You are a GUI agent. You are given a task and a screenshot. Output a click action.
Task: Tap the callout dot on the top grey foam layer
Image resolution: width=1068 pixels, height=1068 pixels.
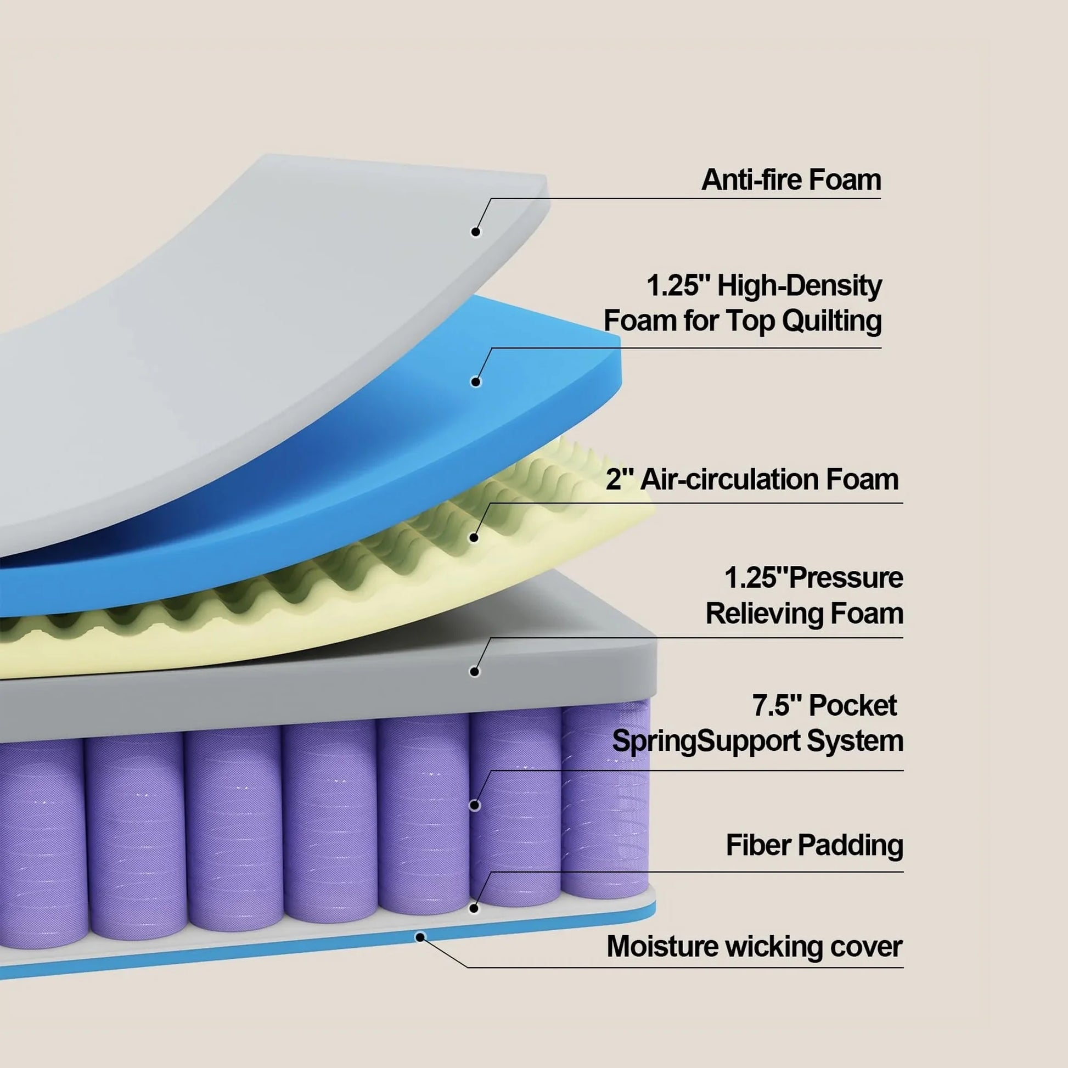(x=475, y=232)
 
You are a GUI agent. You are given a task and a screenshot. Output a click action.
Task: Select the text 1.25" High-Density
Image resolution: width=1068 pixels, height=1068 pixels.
(x=764, y=286)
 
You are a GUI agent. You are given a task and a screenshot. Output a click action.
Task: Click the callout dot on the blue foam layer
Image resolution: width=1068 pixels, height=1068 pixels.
(x=475, y=381)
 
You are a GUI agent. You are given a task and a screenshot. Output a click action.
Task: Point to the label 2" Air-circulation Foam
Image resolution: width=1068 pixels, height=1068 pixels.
(x=752, y=479)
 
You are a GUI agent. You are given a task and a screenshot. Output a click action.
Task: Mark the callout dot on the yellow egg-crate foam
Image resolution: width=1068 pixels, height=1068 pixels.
(x=474, y=537)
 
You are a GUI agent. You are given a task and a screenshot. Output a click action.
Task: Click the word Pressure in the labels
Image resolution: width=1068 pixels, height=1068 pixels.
(x=846, y=578)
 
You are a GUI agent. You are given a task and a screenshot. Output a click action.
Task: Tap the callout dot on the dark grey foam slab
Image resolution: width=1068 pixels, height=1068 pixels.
(x=474, y=672)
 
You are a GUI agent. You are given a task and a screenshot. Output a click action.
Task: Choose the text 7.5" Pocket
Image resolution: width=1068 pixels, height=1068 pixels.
(x=824, y=706)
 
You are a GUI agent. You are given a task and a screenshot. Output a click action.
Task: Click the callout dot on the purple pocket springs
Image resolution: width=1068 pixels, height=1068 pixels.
(x=474, y=806)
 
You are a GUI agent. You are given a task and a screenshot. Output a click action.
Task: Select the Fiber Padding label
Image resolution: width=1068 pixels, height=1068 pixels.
(x=814, y=845)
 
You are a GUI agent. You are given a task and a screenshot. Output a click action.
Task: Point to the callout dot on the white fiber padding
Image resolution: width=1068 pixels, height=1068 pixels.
(x=474, y=908)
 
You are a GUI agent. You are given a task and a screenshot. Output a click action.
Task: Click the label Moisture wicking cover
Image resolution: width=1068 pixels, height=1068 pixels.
(x=754, y=946)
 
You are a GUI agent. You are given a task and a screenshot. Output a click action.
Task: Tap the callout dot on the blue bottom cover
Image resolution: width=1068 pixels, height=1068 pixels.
(x=420, y=937)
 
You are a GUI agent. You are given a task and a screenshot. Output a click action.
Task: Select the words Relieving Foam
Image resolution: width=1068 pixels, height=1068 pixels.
(x=805, y=614)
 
